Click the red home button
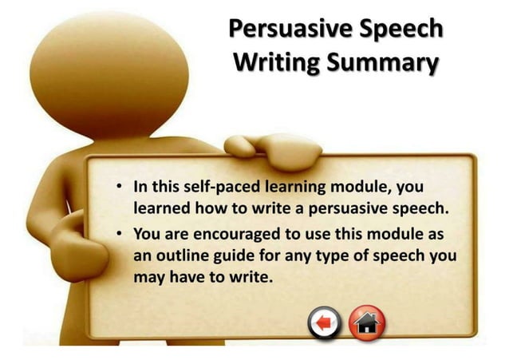[x=367, y=322]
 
